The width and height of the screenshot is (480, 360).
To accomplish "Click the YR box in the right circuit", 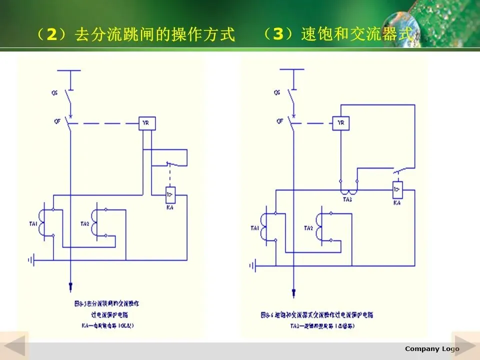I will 341,123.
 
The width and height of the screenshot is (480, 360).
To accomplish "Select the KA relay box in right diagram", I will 397,189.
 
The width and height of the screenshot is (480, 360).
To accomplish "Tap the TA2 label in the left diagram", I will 84,223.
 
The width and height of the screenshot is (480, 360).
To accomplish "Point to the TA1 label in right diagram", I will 255,228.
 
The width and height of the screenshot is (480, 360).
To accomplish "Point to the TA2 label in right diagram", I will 308,228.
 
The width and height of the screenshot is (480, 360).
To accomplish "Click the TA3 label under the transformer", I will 347,199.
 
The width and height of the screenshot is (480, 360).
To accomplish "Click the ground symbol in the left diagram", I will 32,260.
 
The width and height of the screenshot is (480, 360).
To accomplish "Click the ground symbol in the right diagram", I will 255,265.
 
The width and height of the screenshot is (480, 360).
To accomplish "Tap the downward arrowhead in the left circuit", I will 70,286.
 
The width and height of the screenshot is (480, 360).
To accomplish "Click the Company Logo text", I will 431,348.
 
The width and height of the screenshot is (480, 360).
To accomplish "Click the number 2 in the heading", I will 51,35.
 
